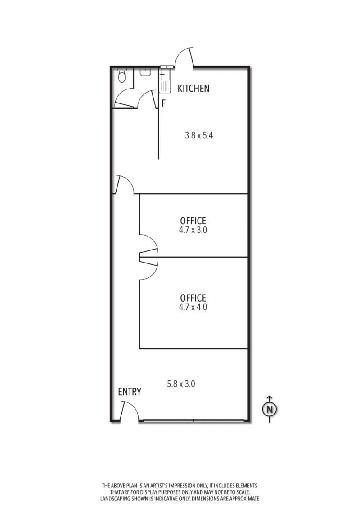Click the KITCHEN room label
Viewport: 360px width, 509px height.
coord(193,88)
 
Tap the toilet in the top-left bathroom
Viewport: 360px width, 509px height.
coord(122,75)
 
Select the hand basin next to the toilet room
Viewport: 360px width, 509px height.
coord(145,72)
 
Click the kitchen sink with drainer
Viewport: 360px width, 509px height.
coord(165,80)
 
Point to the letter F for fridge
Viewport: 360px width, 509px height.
coord(164,103)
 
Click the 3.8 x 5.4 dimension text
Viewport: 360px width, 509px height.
coord(199,135)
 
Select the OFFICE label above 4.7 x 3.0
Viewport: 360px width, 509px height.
coord(193,221)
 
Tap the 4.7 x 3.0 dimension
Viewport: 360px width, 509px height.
coord(193,230)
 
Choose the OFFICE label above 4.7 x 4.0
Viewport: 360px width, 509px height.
coord(193,298)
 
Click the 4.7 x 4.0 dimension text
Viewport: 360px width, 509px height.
coord(193,307)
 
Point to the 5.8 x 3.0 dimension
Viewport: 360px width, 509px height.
coord(181,384)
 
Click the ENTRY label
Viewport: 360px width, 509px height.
coord(130,392)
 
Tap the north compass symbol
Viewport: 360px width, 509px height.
coord(270,409)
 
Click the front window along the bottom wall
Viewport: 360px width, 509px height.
coord(193,421)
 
